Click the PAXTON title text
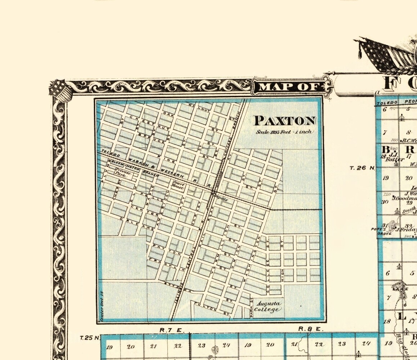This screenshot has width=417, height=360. [285, 121]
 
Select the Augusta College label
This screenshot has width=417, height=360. [267, 307]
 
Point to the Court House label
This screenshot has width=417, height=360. [178, 185]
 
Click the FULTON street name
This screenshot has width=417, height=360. [212, 309]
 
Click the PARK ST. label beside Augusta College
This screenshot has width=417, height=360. [252, 306]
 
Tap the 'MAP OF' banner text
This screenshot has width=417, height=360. [290, 87]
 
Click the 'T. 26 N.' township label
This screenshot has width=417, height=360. [363, 168]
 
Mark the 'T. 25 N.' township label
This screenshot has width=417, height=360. [89, 338]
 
